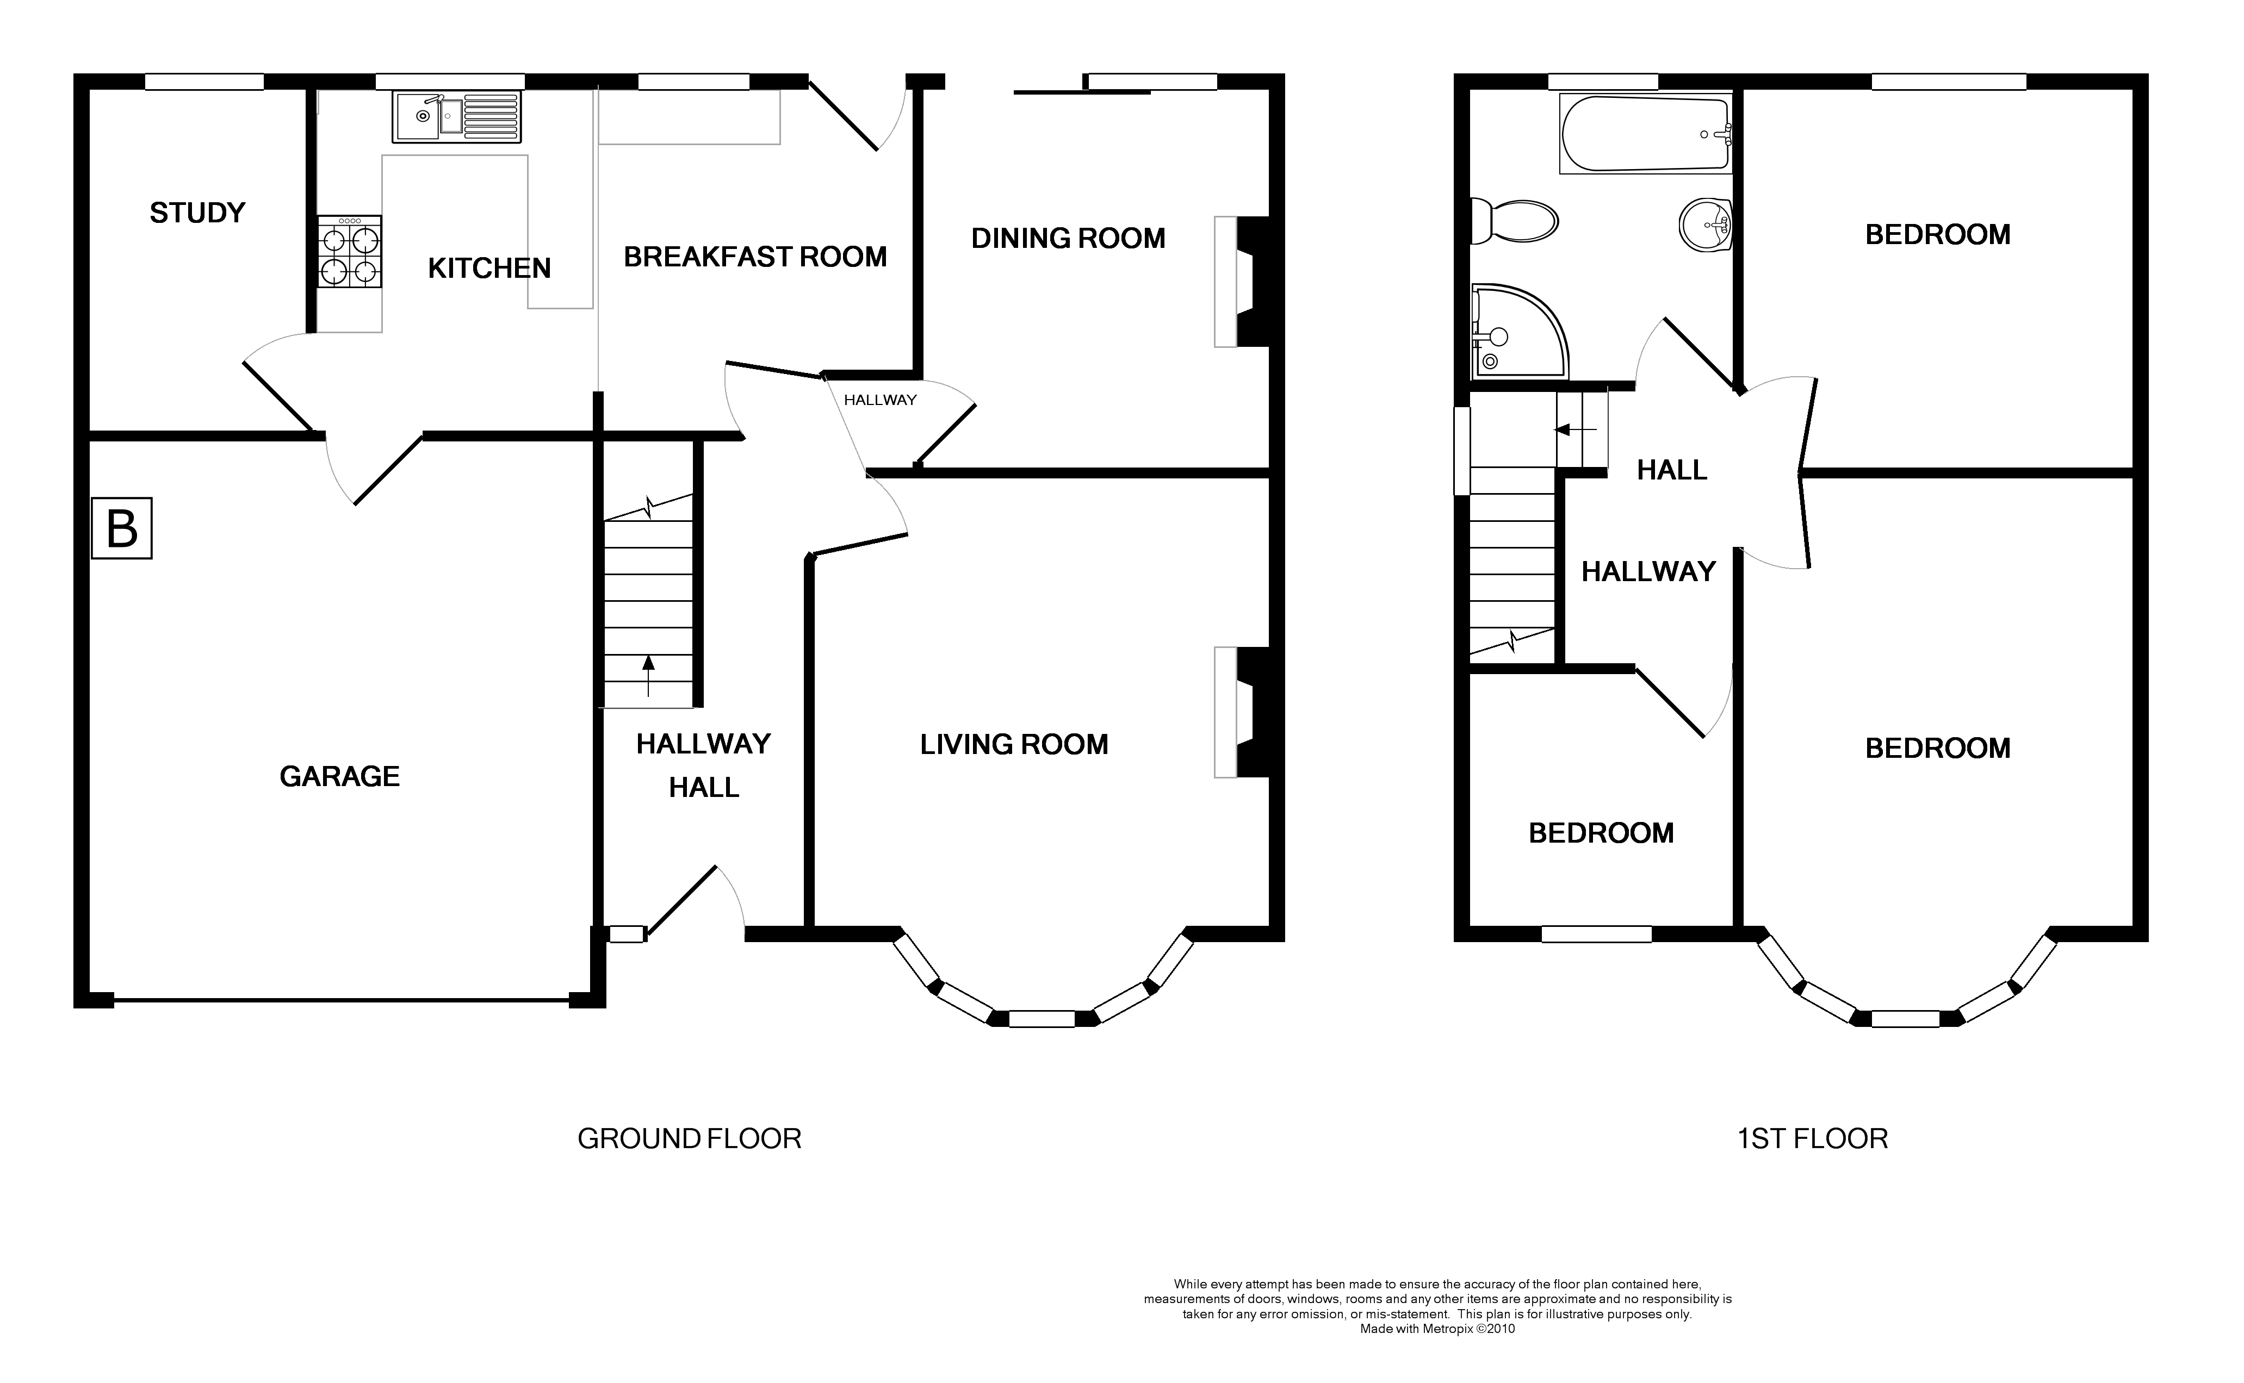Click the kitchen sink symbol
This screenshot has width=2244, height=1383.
pyautogui.click(x=456, y=116)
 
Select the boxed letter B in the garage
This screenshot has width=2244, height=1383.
pyautogui.click(x=122, y=529)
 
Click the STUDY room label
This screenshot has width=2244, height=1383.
pyautogui.click(x=197, y=213)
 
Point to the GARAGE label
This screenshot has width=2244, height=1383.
pyautogui.click(x=339, y=776)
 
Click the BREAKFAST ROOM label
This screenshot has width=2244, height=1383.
pyautogui.click(x=755, y=257)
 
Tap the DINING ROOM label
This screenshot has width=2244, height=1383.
pyautogui.click(x=1068, y=239)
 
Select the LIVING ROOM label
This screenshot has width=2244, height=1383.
pyautogui.click(x=1014, y=745)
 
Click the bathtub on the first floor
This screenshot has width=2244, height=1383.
pyautogui.click(x=1645, y=134)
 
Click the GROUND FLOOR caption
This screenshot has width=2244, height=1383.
pyautogui.click(x=689, y=1139)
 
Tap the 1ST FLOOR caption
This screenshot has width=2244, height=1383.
pyautogui.click(x=1812, y=1139)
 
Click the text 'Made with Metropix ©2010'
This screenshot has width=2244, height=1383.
pyautogui.click(x=1437, y=1329)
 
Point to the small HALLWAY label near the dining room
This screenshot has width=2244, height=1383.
pyautogui.click(x=879, y=400)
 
